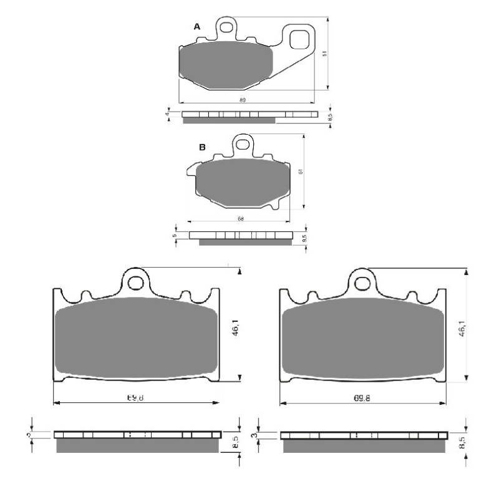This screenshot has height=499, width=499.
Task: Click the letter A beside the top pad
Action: click(x=197, y=27)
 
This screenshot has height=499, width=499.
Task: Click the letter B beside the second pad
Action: click(x=202, y=147)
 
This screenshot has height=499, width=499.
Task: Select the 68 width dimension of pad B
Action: click(x=240, y=219)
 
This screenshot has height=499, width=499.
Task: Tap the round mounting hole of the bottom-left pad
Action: click(x=135, y=282)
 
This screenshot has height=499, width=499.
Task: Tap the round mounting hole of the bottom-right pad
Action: click(x=361, y=283)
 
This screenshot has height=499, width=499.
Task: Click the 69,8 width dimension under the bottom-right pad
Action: click(x=363, y=397)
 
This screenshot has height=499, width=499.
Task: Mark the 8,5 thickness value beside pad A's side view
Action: click(x=330, y=117)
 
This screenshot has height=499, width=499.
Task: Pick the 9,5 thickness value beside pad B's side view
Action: click(x=304, y=238)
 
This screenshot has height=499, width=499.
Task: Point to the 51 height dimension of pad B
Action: click(x=301, y=172)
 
